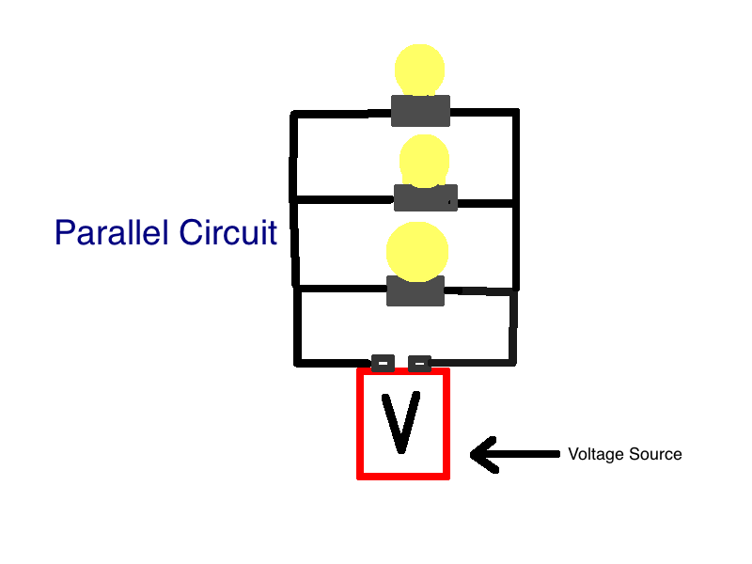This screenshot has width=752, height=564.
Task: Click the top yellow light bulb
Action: coord(419,70)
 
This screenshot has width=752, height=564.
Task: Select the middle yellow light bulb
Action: coord(424,160)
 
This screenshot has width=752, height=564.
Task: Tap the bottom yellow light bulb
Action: coord(418,251)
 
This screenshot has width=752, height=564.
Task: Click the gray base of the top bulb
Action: coord(420,110)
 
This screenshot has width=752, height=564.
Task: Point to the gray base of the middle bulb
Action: coord(425,197)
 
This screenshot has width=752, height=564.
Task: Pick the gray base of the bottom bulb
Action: coord(415,290)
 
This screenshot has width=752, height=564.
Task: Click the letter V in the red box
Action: coord(401,422)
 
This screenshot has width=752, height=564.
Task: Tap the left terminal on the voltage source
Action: coord(384,362)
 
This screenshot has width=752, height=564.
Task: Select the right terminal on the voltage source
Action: coord(419,362)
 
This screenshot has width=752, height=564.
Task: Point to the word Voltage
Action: coord(595,454)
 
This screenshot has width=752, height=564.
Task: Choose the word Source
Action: coord(654,454)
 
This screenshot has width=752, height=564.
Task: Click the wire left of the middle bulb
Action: coord(343,198)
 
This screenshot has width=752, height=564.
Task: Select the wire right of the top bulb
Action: coord(483,113)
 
